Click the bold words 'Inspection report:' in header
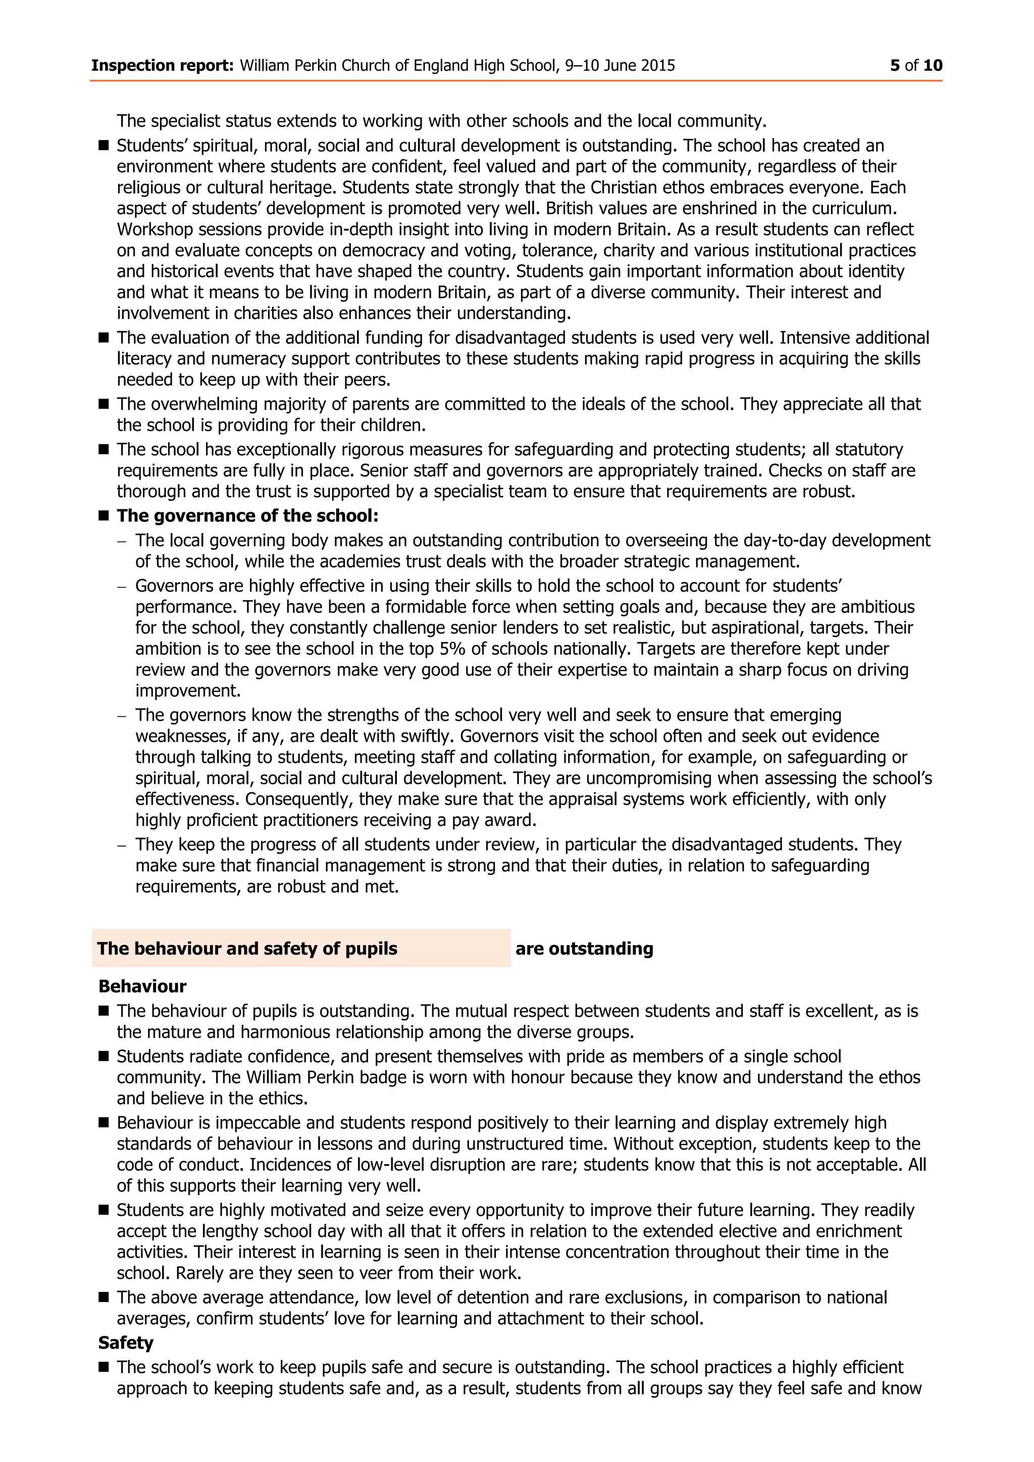tap(163, 66)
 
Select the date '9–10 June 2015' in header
tap(619, 66)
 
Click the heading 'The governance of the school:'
tap(247, 516)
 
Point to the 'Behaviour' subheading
tap(142, 986)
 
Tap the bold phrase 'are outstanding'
tap(584, 949)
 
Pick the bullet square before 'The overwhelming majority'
tap(104, 404)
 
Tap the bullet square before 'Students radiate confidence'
tap(104, 1057)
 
